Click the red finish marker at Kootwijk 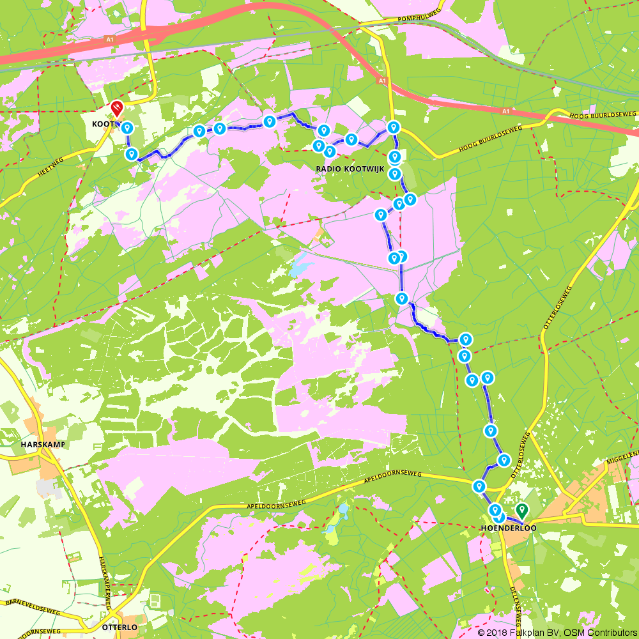117,108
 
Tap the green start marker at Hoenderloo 522,510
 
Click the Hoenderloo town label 507,528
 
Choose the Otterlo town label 119,627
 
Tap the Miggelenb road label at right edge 621,454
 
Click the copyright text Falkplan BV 531,632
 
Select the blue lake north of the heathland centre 300,267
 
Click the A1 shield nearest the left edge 110,40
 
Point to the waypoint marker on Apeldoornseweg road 479,487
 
